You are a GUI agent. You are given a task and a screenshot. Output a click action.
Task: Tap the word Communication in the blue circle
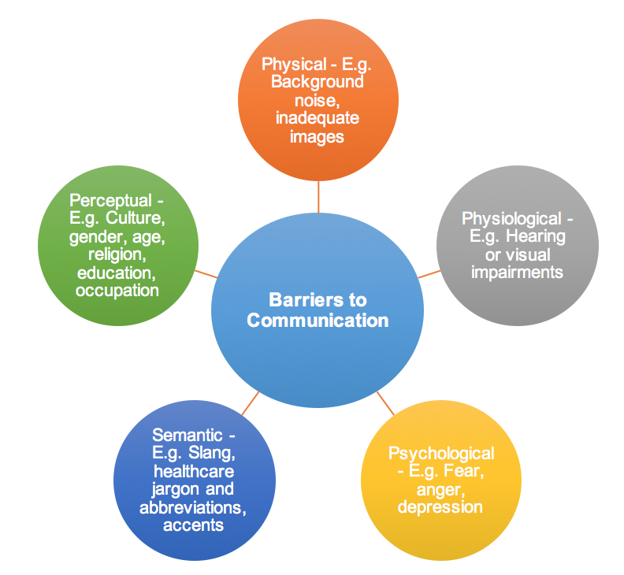318,321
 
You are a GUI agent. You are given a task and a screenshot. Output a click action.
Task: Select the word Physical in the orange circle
292,65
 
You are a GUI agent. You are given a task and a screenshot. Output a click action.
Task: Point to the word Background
318,82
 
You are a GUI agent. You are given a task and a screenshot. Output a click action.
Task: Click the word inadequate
318,118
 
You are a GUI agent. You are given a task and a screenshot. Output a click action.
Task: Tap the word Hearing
539,236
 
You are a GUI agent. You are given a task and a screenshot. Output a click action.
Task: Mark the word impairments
517,273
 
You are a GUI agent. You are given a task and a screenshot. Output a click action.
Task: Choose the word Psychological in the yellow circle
441,453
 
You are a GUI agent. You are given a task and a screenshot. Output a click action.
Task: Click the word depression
440,507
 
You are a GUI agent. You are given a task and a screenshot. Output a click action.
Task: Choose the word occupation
117,291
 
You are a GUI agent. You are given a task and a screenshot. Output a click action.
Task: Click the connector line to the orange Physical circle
318,197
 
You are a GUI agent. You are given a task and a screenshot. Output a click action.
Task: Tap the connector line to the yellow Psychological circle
385,403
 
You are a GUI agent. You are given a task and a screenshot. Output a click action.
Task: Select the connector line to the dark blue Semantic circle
250,403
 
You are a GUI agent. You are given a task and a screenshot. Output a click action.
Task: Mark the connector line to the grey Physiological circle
429,273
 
